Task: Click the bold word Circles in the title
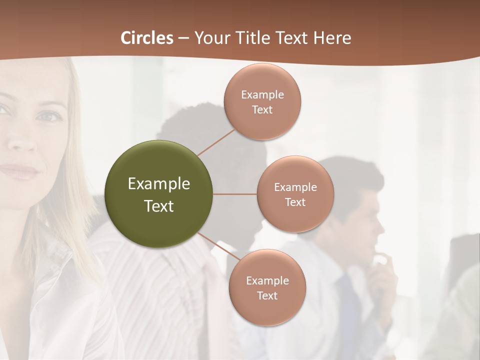[146, 38]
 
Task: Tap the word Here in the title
[332, 38]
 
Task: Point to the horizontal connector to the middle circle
[235, 194]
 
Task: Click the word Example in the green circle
[159, 184]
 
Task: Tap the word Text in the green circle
[159, 206]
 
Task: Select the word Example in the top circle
[262, 94]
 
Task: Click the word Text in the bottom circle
[267, 295]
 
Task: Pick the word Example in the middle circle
[295, 187]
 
